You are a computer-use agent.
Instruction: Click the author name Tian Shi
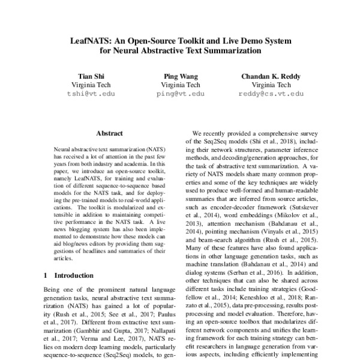coord(90,76)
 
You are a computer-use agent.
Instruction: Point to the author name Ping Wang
coord(180,76)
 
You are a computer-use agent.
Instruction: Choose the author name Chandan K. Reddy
coord(271,76)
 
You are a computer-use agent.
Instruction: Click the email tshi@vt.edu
coord(90,94)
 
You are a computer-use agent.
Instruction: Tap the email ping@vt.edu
coord(180,94)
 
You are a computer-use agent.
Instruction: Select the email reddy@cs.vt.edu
coord(271,94)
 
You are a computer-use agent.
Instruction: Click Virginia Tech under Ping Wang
coord(180,85)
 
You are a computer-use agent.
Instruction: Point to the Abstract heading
coord(109,133)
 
